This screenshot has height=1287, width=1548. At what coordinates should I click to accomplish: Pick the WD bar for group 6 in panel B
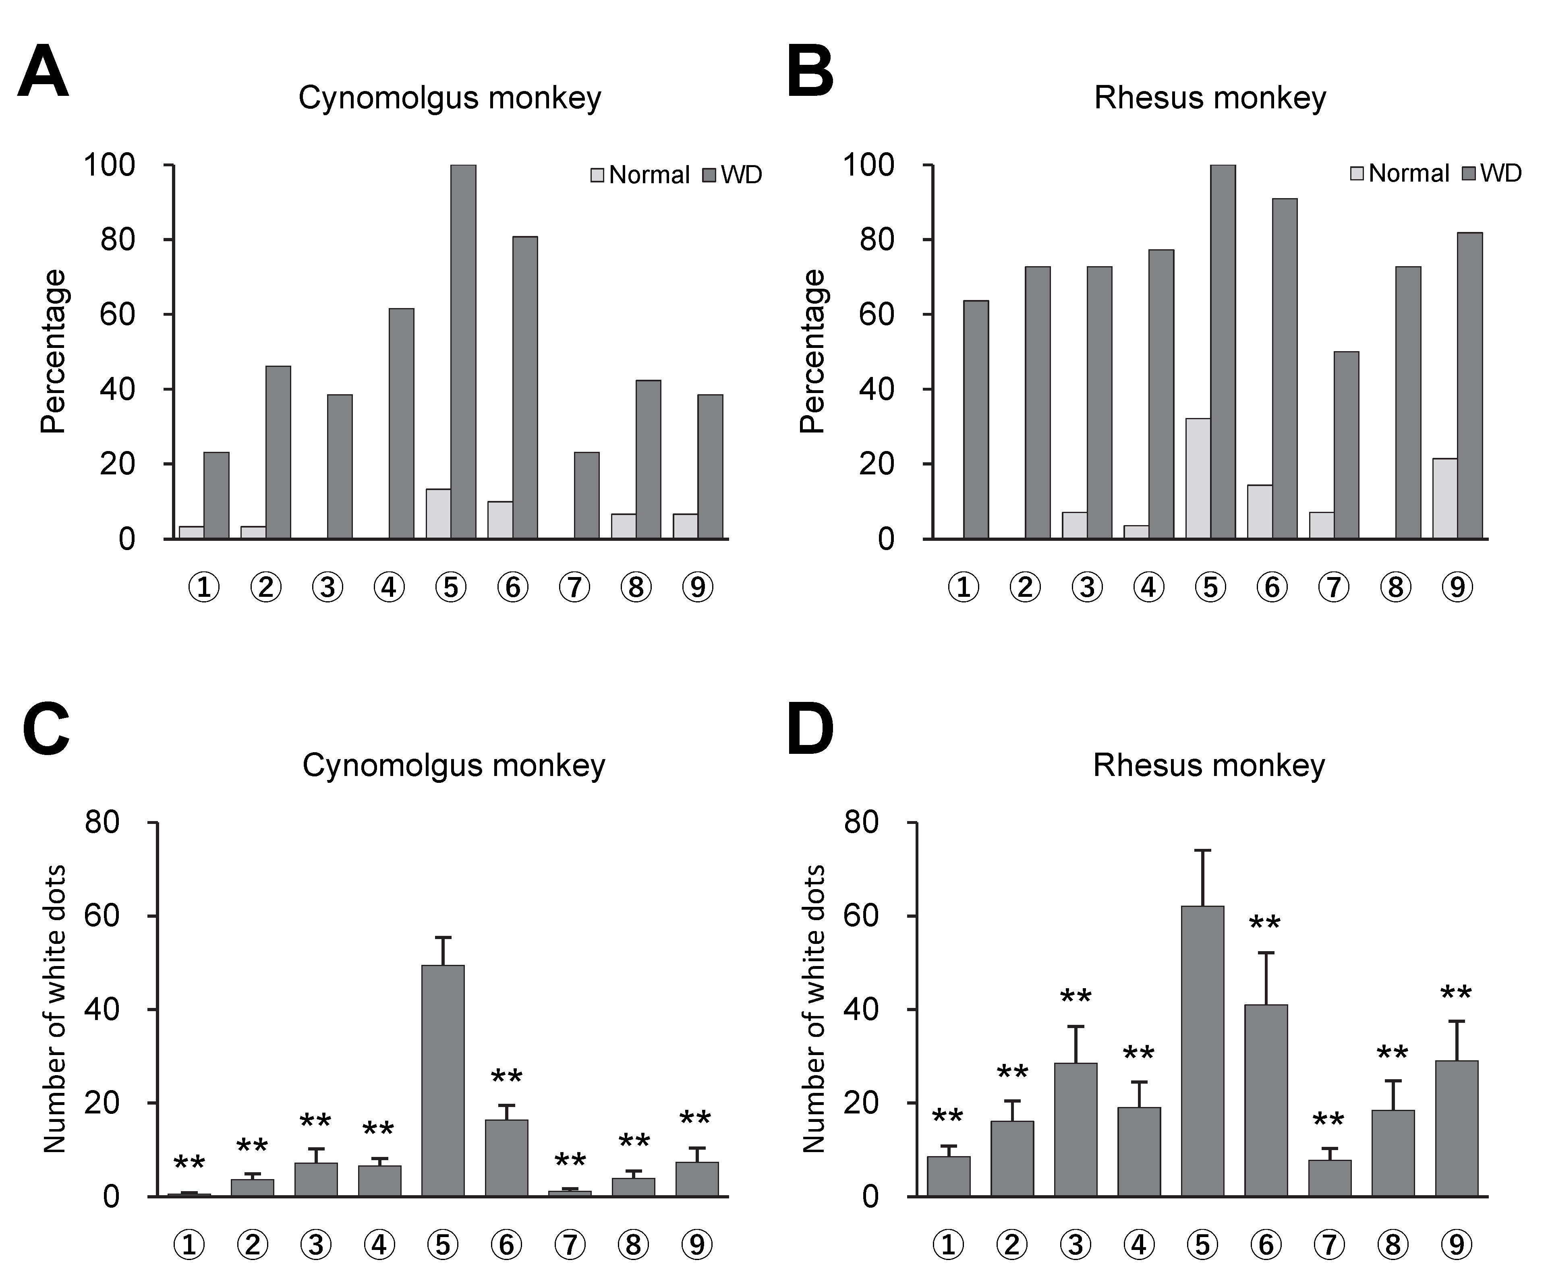tap(1284, 368)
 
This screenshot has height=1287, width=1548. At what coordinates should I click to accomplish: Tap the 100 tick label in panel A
tap(110, 165)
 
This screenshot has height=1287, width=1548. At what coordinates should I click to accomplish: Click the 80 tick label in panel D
tap(861, 822)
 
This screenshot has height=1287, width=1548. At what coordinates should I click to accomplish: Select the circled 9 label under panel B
tap(1457, 588)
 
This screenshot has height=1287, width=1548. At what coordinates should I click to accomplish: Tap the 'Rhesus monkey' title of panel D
tap(1209, 765)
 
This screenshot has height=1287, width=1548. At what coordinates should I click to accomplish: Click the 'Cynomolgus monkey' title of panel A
tap(450, 98)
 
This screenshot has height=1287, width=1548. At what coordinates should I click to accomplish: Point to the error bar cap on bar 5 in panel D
tap(1202, 850)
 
